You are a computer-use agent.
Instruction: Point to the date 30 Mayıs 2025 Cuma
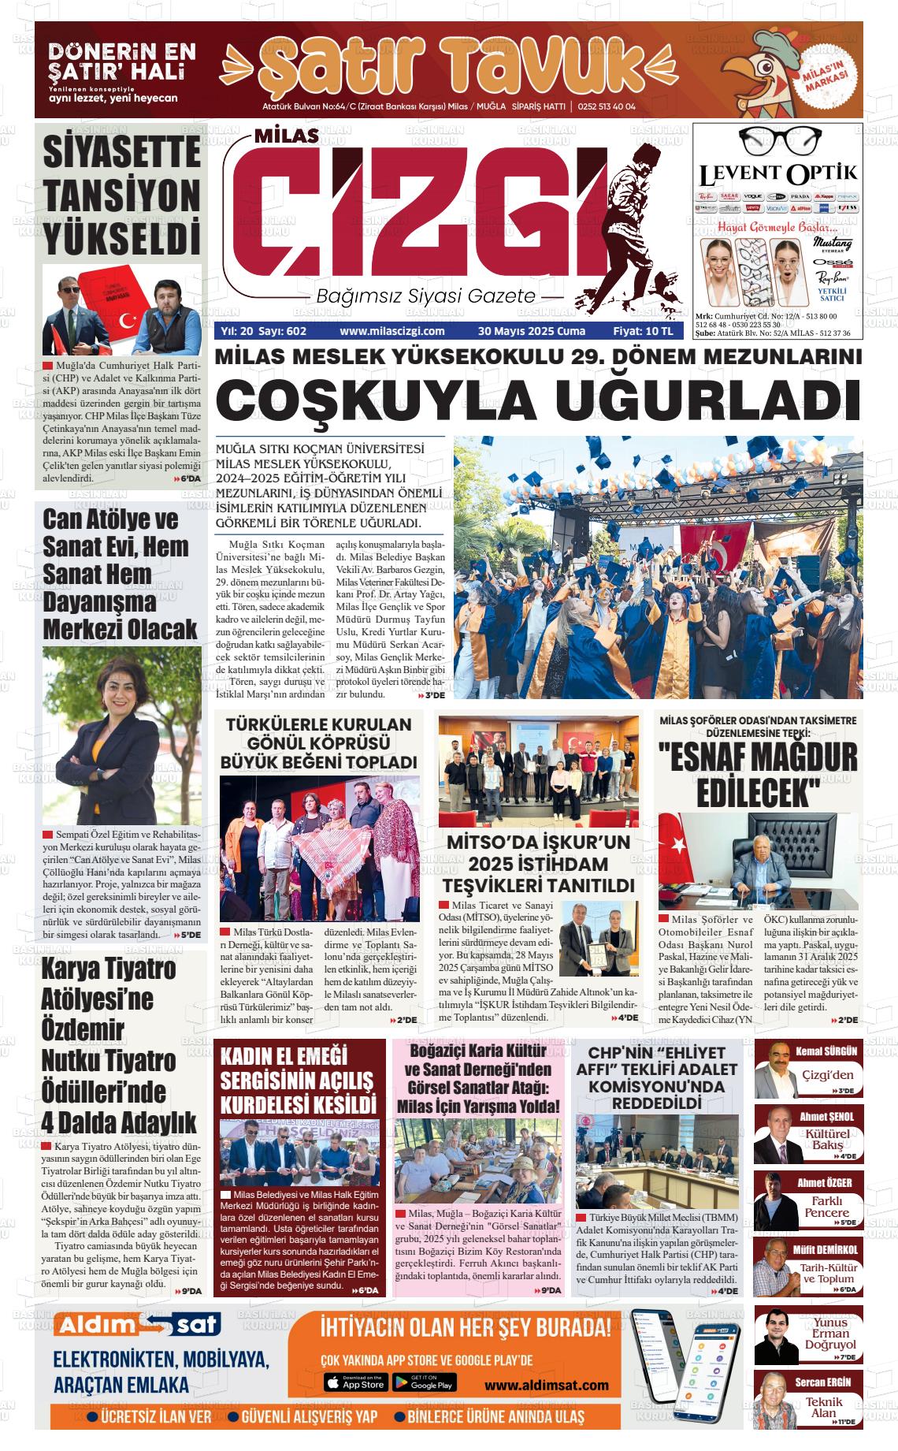pyautogui.click(x=532, y=332)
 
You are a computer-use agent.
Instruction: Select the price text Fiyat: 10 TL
pyautogui.click(x=643, y=332)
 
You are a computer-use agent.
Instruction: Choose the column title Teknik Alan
pyautogui.click(x=824, y=1407)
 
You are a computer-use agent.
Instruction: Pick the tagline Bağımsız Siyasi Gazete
pyautogui.click(x=425, y=297)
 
